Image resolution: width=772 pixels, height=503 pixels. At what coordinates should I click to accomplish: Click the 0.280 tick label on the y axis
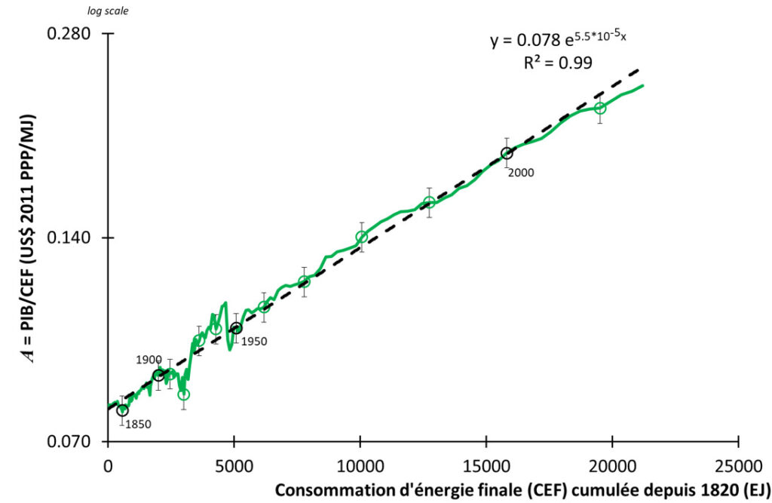pyautogui.click(x=69, y=34)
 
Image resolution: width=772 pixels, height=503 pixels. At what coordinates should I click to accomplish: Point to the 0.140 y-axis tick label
pyautogui.click(x=69, y=238)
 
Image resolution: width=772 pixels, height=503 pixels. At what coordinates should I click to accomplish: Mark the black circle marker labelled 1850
pyautogui.click(x=122, y=410)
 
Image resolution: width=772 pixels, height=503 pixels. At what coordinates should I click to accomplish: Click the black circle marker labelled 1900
pyautogui.click(x=158, y=376)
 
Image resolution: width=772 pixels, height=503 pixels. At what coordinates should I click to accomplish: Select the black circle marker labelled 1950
pyautogui.click(x=236, y=328)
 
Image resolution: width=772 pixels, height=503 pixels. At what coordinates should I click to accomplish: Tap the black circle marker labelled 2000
pyautogui.click(x=507, y=153)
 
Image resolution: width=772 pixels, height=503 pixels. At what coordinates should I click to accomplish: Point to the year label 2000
pyautogui.click(x=520, y=173)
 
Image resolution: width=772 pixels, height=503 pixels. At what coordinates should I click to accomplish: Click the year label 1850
pyautogui.click(x=138, y=424)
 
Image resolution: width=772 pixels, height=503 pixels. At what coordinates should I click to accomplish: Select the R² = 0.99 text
pyautogui.click(x=558, y=63)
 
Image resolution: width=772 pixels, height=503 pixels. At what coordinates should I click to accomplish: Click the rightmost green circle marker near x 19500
pyautogui.click(x=599, y=108)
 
